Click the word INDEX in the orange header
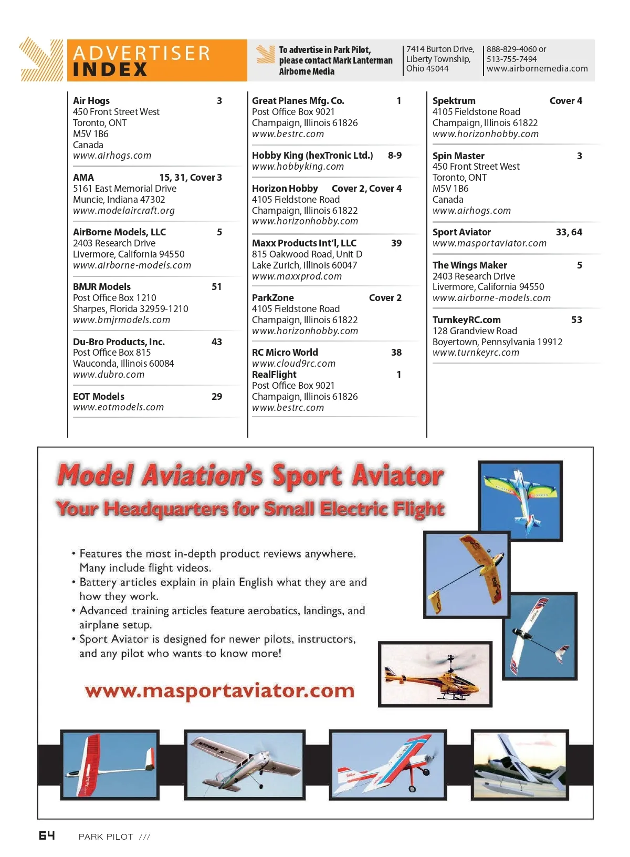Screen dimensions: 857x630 [x=110, y=69]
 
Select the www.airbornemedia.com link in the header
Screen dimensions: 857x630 [x=537, y=68]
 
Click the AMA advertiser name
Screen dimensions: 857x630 [x=83, y=178]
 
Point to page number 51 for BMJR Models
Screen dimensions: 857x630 [x=216, y=287]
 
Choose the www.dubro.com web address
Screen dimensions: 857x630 [x=109, y=375]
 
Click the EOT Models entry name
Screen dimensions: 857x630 [x=99, y=397]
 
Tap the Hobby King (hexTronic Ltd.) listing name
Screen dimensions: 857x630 [x=312, y=156]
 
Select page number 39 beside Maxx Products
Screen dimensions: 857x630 [x=396, y=243]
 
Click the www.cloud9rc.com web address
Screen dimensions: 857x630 [x=293, y=364]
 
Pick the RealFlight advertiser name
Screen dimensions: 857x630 [x=274, y=375]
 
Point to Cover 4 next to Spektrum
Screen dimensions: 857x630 [x=565, y=101]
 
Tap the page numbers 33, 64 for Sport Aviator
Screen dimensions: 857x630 [x=569, y=232]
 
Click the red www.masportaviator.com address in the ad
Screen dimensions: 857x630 [x=219, y=690]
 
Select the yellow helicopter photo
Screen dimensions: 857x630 [x=435, y=674]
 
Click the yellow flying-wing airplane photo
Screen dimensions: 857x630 [x=467, y=574]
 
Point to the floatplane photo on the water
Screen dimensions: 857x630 [x=520, y=765]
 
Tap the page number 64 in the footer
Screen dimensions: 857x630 [x=47, y=835]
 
